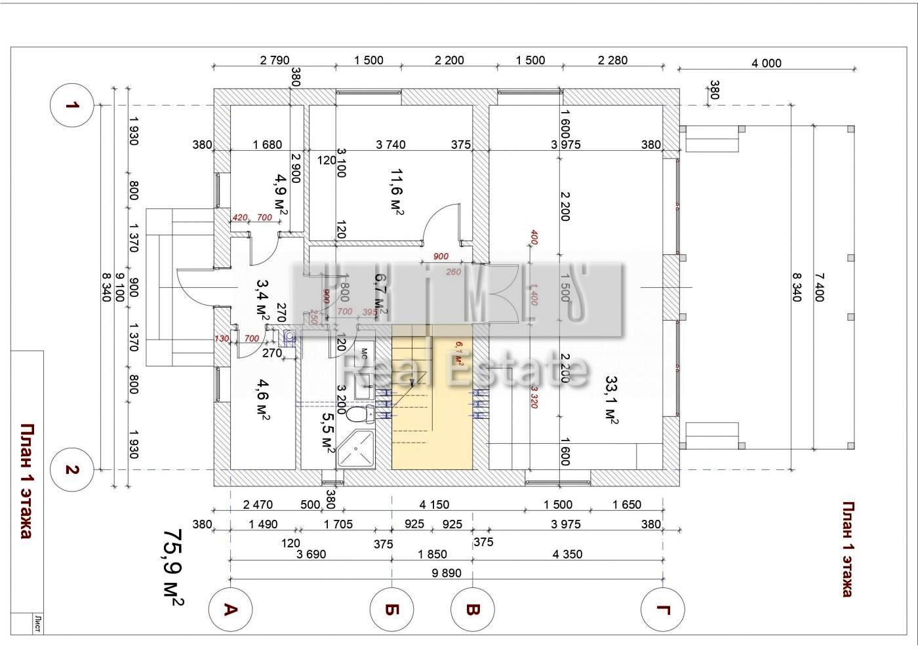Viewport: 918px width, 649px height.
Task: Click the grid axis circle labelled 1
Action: [x=73, y=105]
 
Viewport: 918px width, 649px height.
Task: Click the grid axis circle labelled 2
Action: [x=73, y=470]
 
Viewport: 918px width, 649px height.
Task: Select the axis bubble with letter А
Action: [x=230, y=610]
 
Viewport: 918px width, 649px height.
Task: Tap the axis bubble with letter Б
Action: [x=391, y=610]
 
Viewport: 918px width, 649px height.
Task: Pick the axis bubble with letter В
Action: [x=472, y=610]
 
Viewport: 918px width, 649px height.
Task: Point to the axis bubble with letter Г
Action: [x=664, y=610]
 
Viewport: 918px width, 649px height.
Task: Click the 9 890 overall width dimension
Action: [x=447, y=573]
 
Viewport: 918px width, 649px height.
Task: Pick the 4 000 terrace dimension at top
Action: [x=767, y=64]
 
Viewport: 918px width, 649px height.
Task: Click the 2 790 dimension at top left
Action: [x=274, y=60]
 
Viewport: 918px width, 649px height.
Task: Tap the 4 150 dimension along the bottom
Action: [x=434, y=505]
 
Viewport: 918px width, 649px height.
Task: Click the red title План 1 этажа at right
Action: [x=847, y=549]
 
